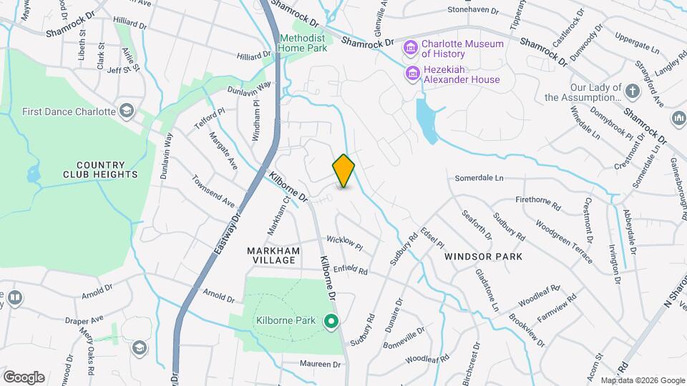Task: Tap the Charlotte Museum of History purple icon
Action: (x=411, y=49)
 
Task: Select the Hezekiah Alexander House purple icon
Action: (x=412, y=74)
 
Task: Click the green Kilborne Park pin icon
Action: (x=331, y=320)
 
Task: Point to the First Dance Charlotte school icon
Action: (x=127, y=111)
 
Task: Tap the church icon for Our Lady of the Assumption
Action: (x=632, y=91)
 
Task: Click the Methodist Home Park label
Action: (x=303, y=43)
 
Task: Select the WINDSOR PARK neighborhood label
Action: (x=483, y=256)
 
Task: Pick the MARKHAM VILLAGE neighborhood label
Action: (x=271, y=255)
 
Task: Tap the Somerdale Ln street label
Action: (x=479, y=177)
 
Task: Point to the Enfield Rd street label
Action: (x=351, y=270)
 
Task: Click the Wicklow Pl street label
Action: (x=345, y=242)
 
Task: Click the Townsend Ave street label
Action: (x=213, y=191)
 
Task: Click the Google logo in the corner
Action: (x=24, y=377)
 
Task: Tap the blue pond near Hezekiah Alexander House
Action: (x=427, y=120)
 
